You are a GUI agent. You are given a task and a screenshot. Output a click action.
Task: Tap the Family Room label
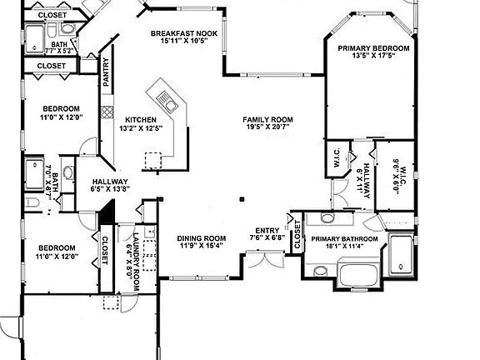(267, 120)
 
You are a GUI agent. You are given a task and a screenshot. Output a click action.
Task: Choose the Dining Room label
(202, 237)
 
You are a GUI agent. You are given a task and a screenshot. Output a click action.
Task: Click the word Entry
(267, 230)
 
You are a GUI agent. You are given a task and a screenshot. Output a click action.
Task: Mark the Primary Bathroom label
(345, 239)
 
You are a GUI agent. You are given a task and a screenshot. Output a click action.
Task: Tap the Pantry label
(106, 72)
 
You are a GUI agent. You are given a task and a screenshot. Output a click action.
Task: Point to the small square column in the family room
(242, 198)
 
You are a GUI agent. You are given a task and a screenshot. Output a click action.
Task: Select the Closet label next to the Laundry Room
(106, 250)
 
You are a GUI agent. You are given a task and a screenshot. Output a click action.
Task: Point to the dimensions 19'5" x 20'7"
(267, 128)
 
